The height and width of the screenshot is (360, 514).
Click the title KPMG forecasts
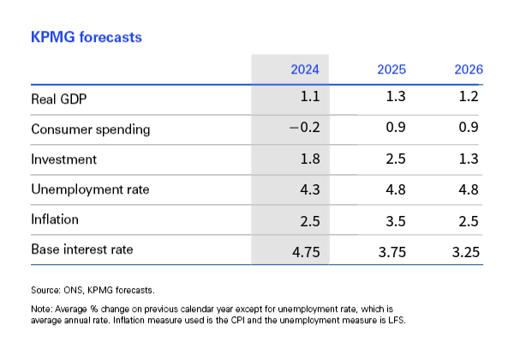pyautogui.click(x=87, y=38)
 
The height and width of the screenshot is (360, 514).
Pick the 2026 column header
pyautogui.click(x=468, y=69)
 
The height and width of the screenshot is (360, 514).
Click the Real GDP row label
pyautogui.click(x=59, y=99)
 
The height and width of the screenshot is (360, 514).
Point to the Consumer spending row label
pyautogui.click(x=91, y=129)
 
